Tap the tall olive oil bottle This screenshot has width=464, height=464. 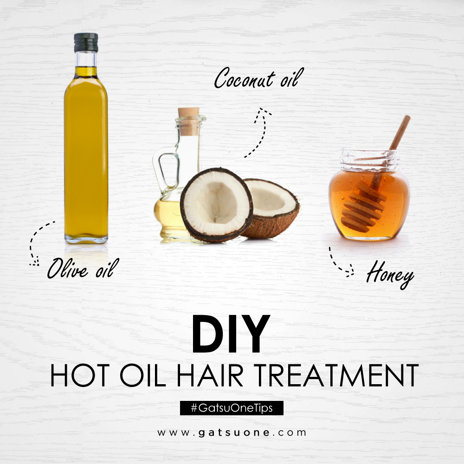pos(86,153)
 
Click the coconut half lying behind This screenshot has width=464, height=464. pos(274,204)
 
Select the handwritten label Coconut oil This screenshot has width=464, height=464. pos(256,78)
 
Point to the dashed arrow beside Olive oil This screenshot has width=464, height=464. pos(37,241)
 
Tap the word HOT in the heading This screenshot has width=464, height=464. pos(77,375)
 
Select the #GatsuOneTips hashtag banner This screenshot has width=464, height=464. pos(231,408)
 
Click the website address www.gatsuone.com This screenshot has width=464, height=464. pos(232,432)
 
